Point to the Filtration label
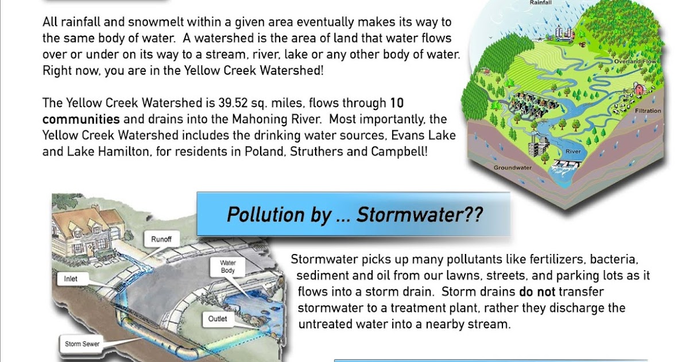click(x=648, y=111)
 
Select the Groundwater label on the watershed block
click(x=513, y=168)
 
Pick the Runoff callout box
click(x=165, y=238)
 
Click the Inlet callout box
click(x=71, y=279)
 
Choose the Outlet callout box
click(x=218, y=318)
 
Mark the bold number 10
click(x=397, y=104)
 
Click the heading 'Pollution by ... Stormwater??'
click(x=354, y=214)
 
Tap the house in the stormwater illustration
click(x=86, y=227)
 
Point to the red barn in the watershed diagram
click(x=638, y=90)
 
